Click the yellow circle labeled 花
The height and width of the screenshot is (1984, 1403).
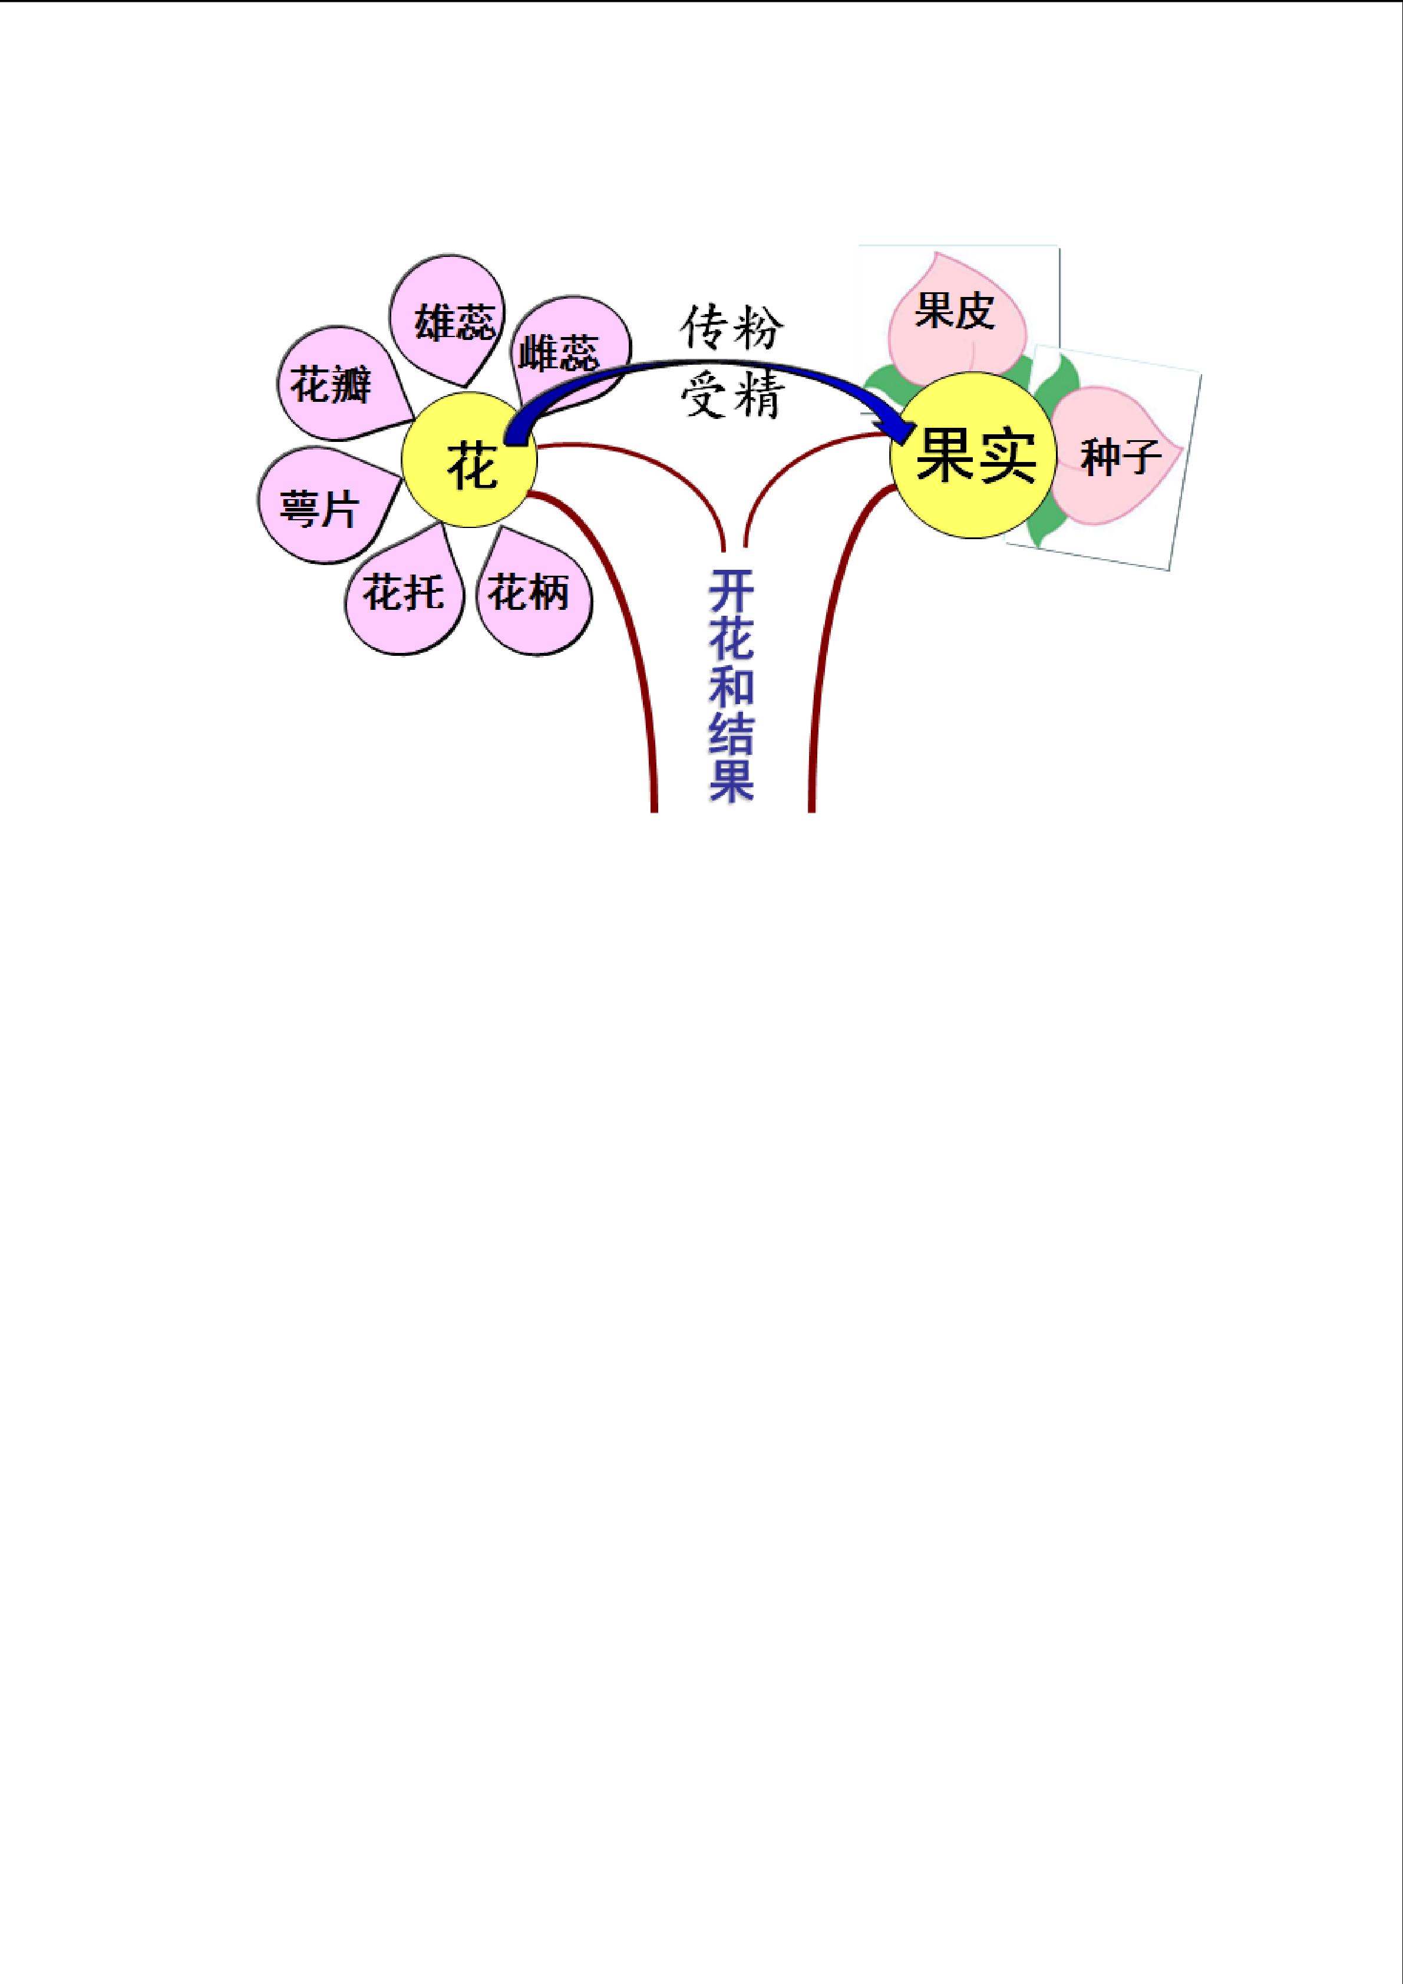click(x=470, y=460)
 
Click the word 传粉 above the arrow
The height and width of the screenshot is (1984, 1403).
click(x=732, y=326)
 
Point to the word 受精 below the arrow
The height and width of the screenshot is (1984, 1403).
click(x=732, y=397)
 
